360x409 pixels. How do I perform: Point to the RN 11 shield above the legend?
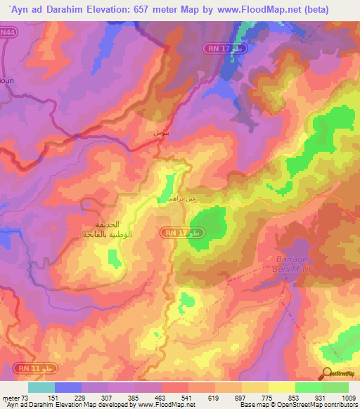tap(21, 368)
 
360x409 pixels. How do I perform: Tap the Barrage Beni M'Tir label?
tap(289, 264)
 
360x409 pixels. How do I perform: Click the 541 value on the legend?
tap(187, 397)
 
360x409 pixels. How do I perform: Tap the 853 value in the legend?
tap(295, 397)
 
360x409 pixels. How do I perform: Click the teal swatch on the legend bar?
tap(41, 387)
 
